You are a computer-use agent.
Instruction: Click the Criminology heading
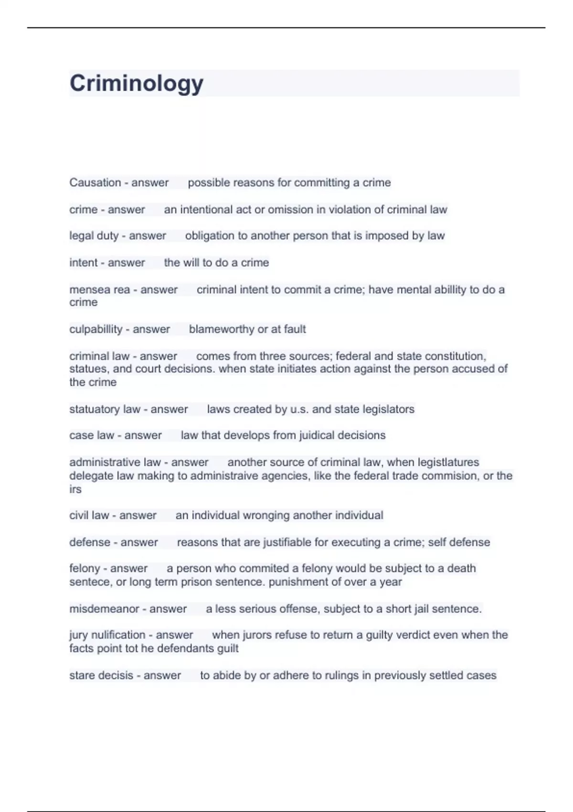pos(137,83)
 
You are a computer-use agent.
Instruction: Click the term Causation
pos(95,182)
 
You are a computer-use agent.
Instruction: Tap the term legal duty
pos(94,236)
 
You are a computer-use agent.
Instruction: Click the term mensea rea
pos(99,290)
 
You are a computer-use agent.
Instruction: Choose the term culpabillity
pos(95,329)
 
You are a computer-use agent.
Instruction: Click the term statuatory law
pos(105,409)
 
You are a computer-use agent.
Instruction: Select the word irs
pos(75,489)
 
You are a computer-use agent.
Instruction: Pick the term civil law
pos(89,515)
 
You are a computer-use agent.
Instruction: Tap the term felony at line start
pos(85,568)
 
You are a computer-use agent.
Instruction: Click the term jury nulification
pos(107,635)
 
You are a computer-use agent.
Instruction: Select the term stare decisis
pos(101,676)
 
